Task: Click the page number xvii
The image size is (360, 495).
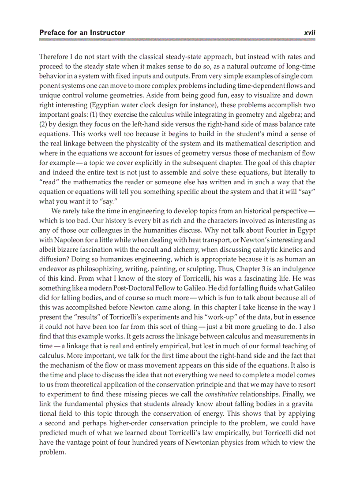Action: coord(310,33)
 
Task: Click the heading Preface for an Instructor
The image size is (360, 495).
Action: coord(82,33)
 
